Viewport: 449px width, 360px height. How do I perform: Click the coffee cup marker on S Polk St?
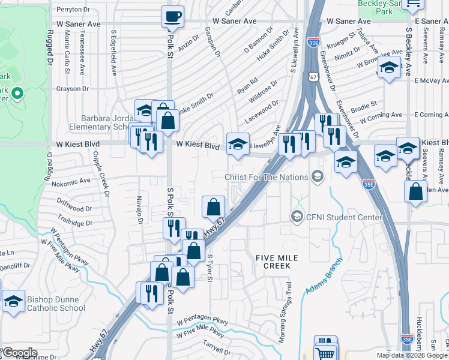click(x=172, y=17)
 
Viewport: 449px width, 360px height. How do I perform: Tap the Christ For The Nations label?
click(x=266, y=177)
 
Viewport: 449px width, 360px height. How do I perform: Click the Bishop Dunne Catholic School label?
click(x=55, y=304)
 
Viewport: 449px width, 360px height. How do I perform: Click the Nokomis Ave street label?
click(x=71, y=180)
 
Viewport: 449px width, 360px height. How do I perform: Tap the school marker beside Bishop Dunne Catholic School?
click(x=13, y=302)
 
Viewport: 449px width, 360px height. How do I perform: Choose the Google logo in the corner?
click(x=20, y=353)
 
